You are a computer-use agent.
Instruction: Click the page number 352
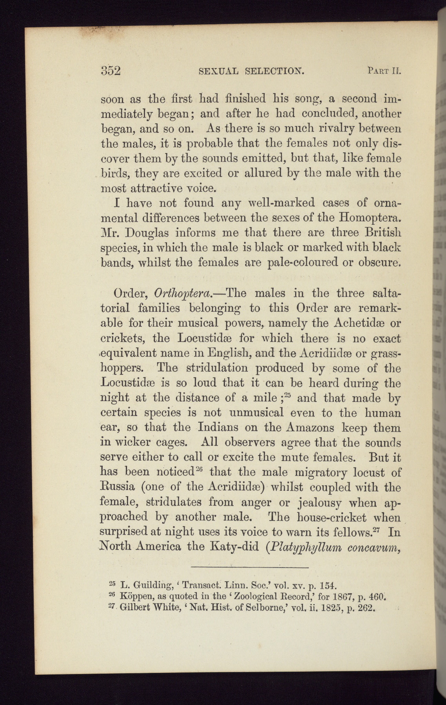110,71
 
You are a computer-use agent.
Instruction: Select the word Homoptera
370,218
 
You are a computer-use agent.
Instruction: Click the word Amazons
311,427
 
